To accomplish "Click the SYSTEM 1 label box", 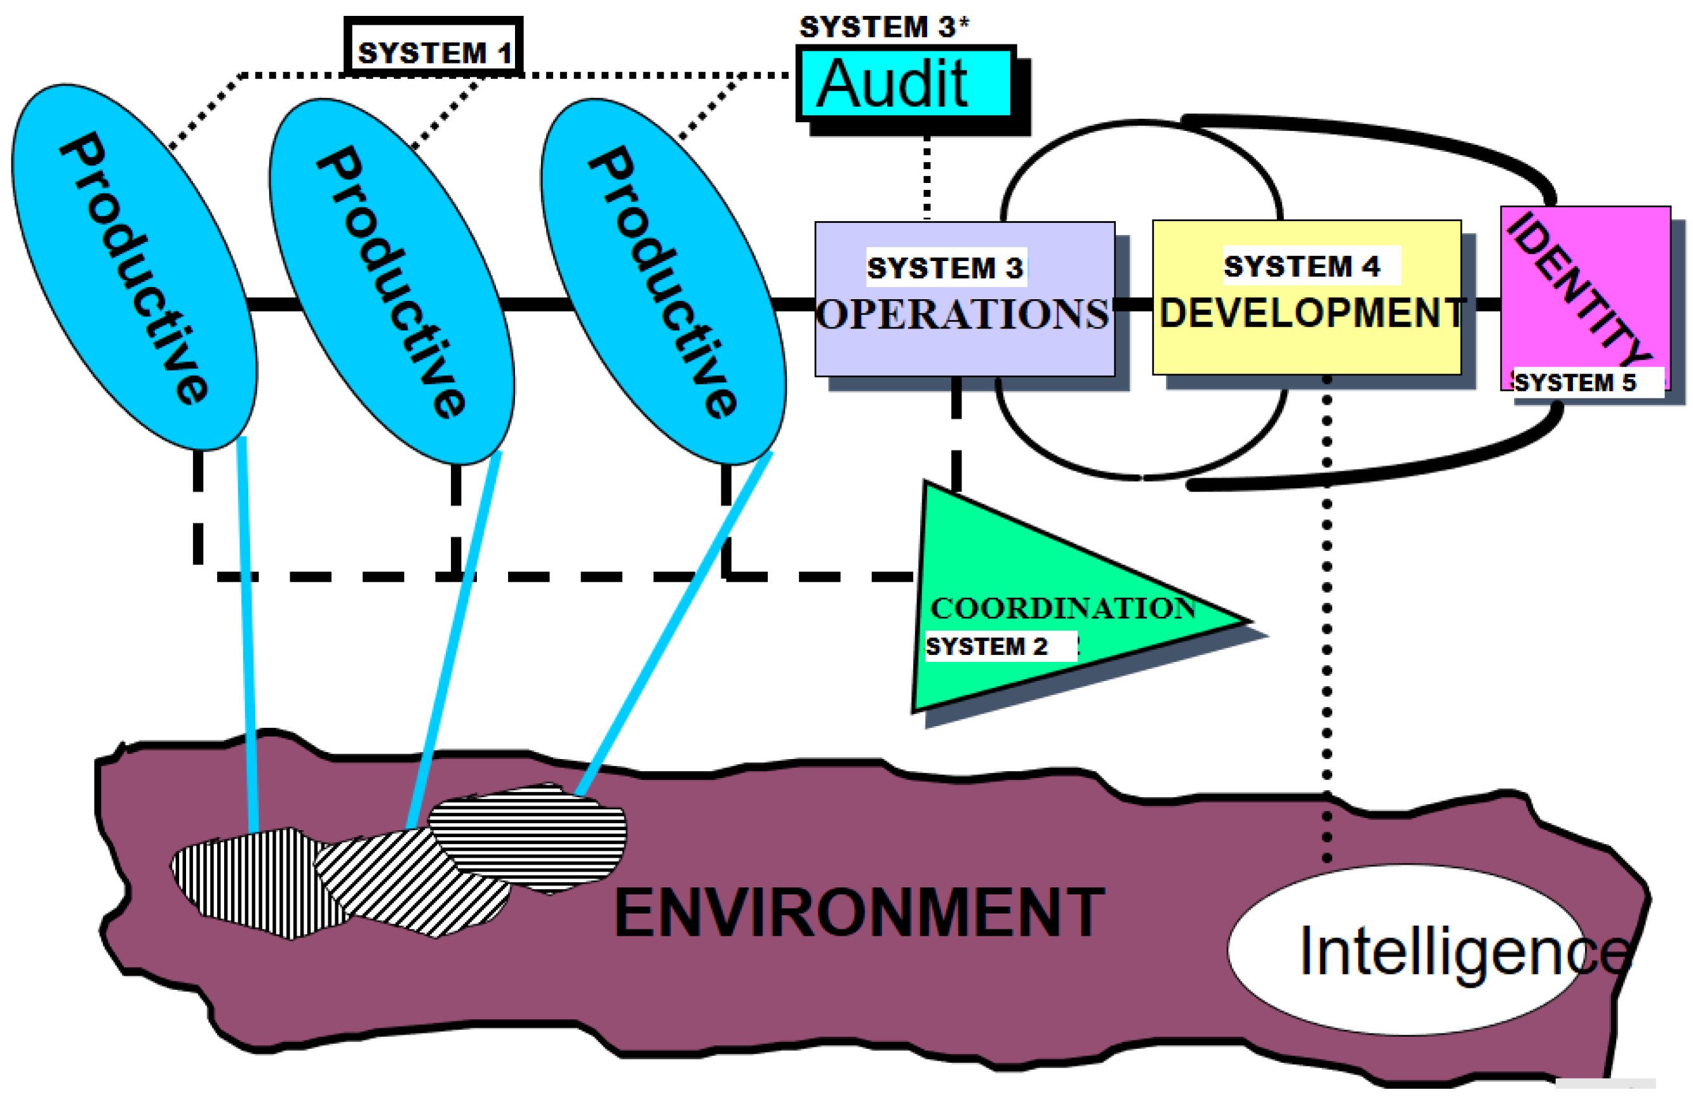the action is tap(434, 46).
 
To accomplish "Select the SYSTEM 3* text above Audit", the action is tap(884, 27).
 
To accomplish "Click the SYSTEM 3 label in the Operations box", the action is tap(946, 267).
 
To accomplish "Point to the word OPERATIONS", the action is tap(963, 314).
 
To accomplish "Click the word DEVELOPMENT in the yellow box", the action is tap(1311, 313).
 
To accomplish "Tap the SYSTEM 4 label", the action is tap(1302, 266).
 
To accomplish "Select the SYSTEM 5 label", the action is tap(1575, 382).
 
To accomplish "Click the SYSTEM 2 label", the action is tap(987, 646).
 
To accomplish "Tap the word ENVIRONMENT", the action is tap(859, 913).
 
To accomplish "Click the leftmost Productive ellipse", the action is tap(135, 267).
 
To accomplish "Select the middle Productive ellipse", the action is tap(392, 281).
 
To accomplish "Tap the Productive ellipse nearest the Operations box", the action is tap(664, 281).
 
